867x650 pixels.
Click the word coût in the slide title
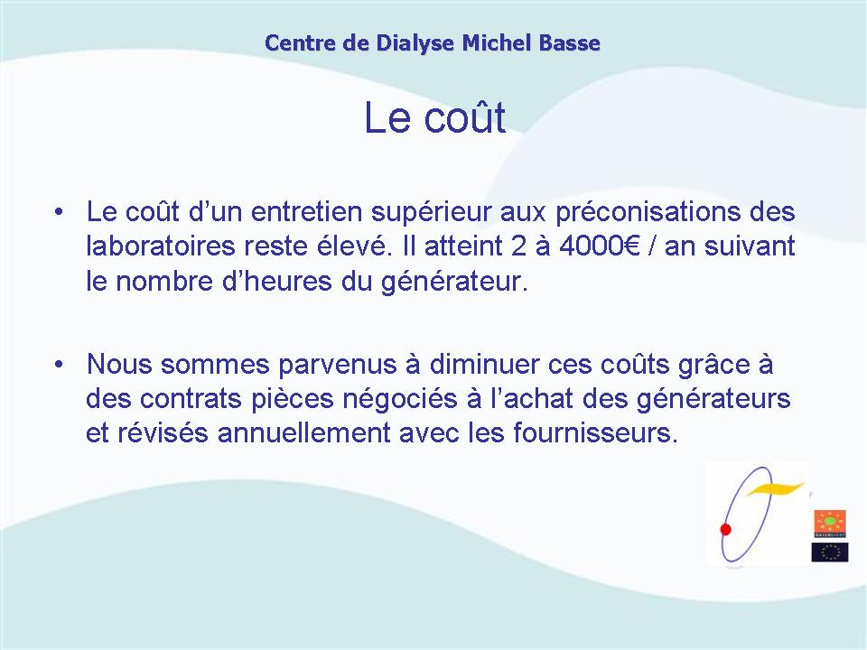pos(465,116)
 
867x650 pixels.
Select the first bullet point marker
pos(59,212)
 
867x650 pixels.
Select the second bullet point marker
pos(59,365)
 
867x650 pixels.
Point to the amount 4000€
pos(600,246)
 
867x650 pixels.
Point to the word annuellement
pos(304,432)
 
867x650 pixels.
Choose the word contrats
pos(191,400)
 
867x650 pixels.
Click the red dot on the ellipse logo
pos(726,530)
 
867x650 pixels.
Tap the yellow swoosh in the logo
pos(775,488)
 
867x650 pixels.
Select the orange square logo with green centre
pos(830,524)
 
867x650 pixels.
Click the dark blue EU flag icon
pos(830,552)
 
